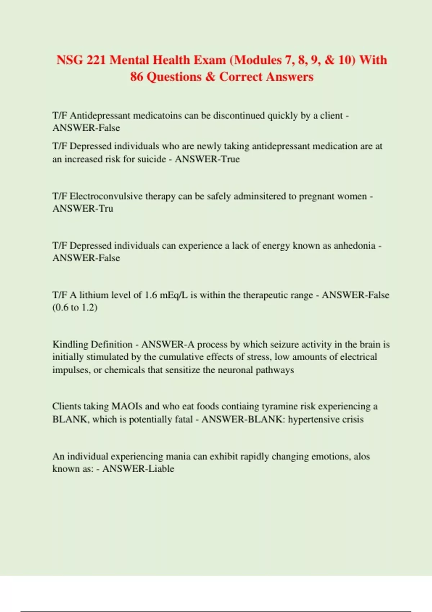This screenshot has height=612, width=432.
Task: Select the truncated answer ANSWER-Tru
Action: (83, 208)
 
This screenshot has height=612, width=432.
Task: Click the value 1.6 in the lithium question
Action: (150, 295)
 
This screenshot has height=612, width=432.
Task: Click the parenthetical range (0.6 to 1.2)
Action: (75, 307)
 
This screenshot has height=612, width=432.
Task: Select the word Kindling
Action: (70, 345)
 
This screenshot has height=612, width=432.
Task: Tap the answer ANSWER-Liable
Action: (138, 469)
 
